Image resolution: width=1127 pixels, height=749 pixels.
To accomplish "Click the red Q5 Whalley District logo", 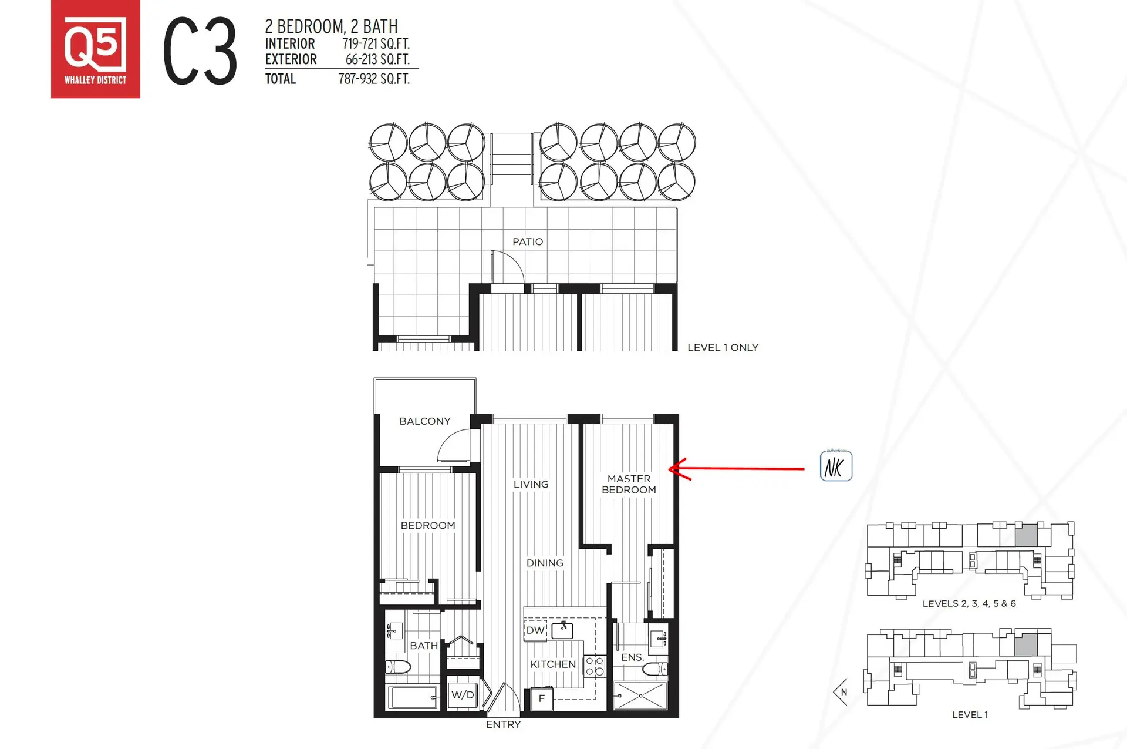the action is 96,49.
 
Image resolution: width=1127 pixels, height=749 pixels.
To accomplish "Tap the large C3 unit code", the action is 200,51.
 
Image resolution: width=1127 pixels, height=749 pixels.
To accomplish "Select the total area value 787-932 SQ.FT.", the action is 374,79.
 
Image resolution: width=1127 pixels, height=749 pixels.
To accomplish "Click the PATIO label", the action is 528,241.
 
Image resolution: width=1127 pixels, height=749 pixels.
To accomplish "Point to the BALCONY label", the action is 425,421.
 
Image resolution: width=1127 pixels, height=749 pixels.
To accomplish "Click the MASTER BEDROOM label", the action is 629,485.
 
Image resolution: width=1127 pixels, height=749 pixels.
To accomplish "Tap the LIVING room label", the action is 531,484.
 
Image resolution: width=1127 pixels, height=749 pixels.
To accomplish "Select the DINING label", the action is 545,563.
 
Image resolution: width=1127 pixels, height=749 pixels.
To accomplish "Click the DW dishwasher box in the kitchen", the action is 535,630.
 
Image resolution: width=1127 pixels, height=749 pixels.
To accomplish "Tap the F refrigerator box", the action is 542,698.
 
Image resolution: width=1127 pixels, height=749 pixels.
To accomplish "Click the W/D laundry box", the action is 463,695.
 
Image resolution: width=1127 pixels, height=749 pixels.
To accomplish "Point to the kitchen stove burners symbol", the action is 595,666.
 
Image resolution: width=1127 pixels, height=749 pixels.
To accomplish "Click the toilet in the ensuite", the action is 655,669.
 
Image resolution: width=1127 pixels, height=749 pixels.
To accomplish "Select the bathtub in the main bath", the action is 413,697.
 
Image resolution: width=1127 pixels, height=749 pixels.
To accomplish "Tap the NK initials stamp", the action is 836,466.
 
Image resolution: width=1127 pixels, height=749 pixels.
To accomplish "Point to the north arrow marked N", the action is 841,692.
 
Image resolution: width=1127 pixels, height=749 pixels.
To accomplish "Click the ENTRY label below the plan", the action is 504,725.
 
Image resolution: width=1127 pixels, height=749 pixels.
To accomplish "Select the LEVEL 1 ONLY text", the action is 723,348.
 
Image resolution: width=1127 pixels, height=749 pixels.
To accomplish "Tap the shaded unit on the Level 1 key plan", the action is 1026,645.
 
